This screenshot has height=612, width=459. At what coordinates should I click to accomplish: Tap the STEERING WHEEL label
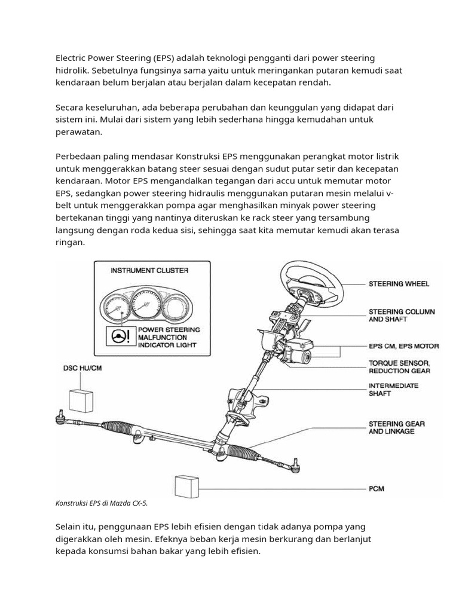click(399, 284)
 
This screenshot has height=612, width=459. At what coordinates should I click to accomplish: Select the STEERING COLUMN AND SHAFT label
click(401, 316)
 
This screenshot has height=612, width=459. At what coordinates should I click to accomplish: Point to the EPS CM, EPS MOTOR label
click(403, 346)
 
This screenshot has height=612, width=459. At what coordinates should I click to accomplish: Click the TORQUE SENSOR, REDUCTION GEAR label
click(399, 367)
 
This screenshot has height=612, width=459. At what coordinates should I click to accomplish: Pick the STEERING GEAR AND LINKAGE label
click(396, 427)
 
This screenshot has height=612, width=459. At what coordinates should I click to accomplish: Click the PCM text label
click(377, 489)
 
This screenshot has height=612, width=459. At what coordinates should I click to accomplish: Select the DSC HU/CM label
click(82, 368)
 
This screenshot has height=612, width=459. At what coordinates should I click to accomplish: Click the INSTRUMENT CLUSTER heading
click(149, 270)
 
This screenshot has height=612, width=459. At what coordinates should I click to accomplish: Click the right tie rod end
click(295, 462)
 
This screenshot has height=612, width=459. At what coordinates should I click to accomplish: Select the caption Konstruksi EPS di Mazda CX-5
click(102, 503)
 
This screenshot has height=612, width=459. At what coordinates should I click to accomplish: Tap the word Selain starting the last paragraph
click(69, 527)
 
